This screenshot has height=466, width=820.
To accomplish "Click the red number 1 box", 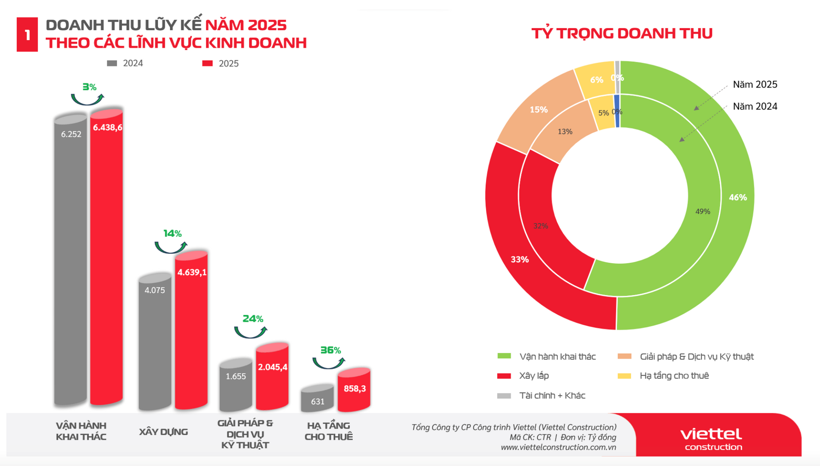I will [27, 35].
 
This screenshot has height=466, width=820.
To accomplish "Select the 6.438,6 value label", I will [107, 127].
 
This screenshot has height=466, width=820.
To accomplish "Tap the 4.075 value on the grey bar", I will [155, 290].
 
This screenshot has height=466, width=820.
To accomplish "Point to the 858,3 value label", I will [354, 388].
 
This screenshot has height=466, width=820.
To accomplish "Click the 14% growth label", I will [173, 233].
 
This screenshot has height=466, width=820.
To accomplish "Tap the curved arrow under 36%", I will [328, 363].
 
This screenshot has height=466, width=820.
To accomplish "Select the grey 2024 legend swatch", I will [112, 63].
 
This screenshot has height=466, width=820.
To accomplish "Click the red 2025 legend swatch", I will [208, 64].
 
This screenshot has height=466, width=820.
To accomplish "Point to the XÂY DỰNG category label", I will [164, 432].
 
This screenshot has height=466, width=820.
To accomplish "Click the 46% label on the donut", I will [738, 197].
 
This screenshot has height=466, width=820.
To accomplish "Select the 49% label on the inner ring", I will [703, 211].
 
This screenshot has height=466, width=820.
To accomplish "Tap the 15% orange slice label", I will [539, 110].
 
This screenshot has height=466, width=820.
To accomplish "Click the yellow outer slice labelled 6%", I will [596, 80].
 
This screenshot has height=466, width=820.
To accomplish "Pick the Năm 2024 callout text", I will [755, 106].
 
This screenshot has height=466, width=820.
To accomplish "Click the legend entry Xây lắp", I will [533, 376].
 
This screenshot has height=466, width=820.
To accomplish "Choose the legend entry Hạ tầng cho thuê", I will [674, 376].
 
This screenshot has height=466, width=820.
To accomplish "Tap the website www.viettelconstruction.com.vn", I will [558, 447].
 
